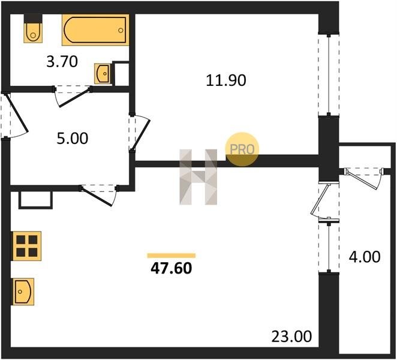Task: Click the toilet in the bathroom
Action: (x=33, y=28)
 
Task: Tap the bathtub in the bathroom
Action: (x=95, y=30)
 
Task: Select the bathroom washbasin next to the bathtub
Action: (x=103, y=73)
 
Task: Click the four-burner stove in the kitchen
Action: (x=26, y=246)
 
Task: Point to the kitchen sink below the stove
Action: (x=23, y=292)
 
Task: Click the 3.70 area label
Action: (x=62, y=62)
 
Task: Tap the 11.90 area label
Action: (x=226, y=80)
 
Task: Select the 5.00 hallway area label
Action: (x=73, y=139)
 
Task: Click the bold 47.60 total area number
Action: (x=172, y=269)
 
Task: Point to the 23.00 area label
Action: (x=291, y=337)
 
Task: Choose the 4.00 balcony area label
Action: (x=365, y=257)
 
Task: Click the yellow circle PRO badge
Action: (x=242, y=149)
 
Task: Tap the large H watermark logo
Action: (x=198, y=177)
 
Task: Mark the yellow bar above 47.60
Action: (x=172, y=256)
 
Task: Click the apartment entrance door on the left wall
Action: (x=14, y=116)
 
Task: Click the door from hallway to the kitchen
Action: (x=99, y=194)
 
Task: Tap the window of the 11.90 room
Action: (x=329, y=75)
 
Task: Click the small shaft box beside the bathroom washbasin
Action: (x=121, y=73)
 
